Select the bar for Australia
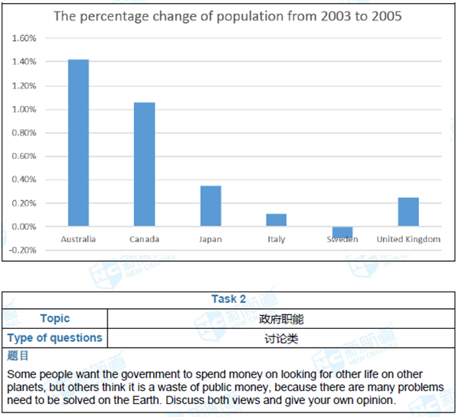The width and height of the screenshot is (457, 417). (78, 142)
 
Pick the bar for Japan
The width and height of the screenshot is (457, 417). (211, 205)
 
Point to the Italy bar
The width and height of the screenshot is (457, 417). (276, 220)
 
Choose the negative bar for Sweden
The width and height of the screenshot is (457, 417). (342, 232)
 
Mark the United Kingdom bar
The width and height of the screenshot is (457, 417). (408, 212)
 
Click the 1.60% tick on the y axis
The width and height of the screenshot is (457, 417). (25, 38)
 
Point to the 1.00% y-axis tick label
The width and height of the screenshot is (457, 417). (25, 109)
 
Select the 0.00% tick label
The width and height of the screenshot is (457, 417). (25, 227)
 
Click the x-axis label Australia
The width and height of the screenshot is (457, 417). (78, 240)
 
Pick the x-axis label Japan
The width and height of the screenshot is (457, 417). (211, 240)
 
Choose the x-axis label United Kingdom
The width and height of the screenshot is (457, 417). (408, 240)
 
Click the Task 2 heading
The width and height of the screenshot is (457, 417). (228, 299)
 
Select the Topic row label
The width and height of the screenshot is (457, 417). (55, 319)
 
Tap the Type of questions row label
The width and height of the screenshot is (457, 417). (55, 338)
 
